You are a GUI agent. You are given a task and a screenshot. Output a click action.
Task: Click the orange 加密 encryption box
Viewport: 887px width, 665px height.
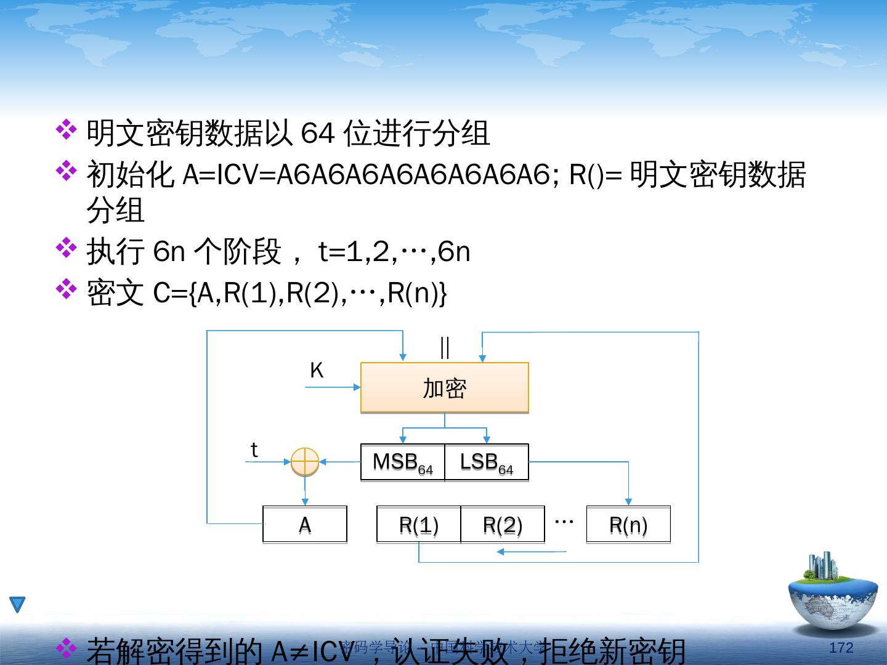444,387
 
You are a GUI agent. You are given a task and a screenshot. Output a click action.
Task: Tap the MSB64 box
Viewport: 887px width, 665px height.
402,462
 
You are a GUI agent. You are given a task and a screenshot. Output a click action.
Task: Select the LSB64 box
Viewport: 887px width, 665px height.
486,462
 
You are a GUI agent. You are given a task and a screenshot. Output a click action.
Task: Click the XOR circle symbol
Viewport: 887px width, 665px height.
305,461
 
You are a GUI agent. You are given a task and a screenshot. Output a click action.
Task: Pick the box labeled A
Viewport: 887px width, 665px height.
304,525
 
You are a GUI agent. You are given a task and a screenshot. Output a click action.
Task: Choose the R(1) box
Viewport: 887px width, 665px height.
418,525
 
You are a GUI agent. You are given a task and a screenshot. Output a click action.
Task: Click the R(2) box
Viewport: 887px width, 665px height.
503,525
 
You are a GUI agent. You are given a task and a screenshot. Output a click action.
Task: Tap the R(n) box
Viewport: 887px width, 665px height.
628,525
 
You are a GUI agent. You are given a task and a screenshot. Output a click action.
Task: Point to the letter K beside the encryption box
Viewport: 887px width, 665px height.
316,371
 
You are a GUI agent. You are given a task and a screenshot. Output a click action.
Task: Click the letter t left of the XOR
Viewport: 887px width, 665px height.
254,450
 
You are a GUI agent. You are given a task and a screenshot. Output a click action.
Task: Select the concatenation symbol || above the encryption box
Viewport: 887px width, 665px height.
445,347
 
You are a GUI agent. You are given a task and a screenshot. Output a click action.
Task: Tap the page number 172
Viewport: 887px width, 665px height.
841,647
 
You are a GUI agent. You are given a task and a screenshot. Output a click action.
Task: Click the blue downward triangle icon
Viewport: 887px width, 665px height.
17,605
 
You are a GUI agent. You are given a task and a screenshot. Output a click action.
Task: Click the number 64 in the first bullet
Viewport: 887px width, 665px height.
317,132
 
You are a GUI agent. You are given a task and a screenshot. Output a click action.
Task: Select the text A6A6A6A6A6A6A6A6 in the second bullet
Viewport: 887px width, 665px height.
413,175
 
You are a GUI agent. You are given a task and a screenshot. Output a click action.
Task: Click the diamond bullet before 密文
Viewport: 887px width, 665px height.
66,288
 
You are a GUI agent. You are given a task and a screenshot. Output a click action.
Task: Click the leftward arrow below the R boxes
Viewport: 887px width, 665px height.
530,552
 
